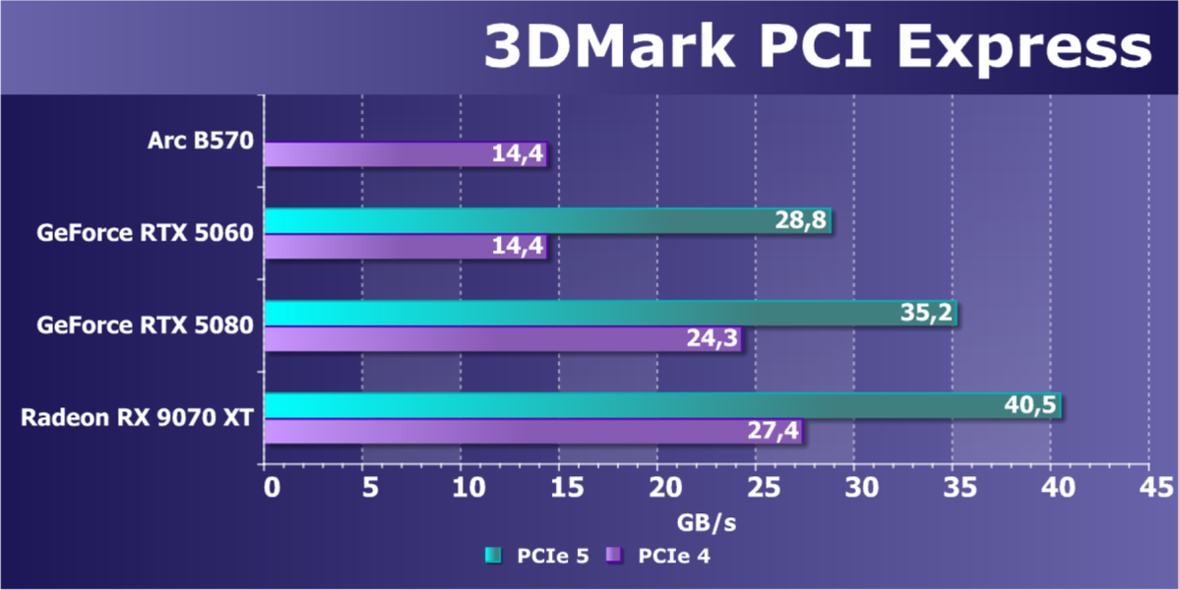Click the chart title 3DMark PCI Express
tap(816, 47)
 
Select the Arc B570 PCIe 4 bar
tap(404, 154)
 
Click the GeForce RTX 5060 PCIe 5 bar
tap(547, 221)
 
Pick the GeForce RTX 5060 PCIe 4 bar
tap(404, 246)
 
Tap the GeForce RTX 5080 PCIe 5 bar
tap(610, 313)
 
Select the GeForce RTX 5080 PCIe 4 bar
tap(502, 339)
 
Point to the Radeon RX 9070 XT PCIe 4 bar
tap(532, 432)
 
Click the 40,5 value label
tap(1031, 406)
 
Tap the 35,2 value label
tap(927, 314)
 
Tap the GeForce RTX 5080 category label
tap(146, 324)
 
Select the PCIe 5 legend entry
tap(539, 557)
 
